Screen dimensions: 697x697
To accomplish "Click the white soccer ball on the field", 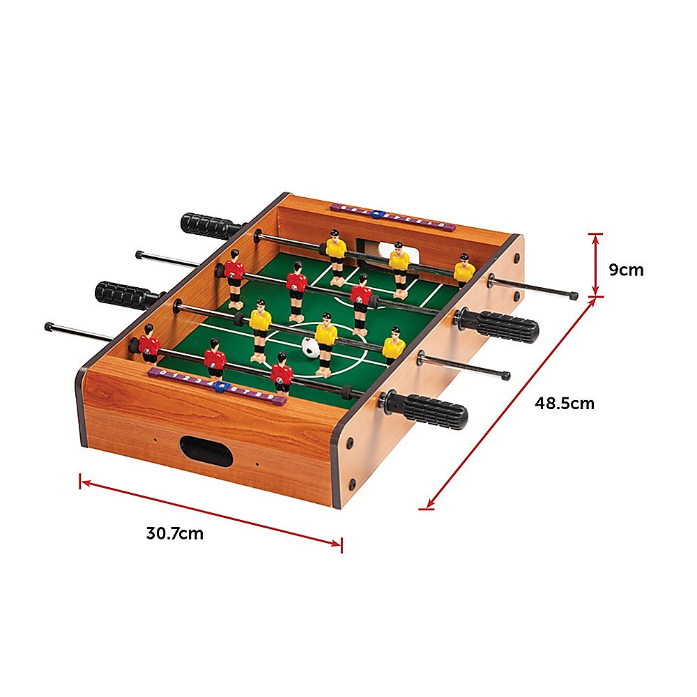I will [x=309, y=347].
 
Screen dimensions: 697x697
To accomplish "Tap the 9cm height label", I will [x=626, y=270].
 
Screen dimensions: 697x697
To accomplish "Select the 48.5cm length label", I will [x=565, y=403].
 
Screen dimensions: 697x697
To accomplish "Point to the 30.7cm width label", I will [x=174, y=534].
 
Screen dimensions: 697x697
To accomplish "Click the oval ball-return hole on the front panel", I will [x=206, y=451].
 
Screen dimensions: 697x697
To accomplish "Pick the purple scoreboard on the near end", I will [x=217, y=385].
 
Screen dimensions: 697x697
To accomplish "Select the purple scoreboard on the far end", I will [x=393, y=217].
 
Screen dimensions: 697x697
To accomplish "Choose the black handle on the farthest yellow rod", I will [x=210, y=224].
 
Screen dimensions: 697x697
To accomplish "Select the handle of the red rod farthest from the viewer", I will [x=499, y=325].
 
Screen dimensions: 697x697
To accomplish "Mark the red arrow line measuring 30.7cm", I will [x=210, y=512].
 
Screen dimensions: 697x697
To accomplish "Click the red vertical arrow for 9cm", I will [x=595, y=265].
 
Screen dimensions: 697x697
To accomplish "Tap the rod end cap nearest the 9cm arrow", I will [x=573, y=296].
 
